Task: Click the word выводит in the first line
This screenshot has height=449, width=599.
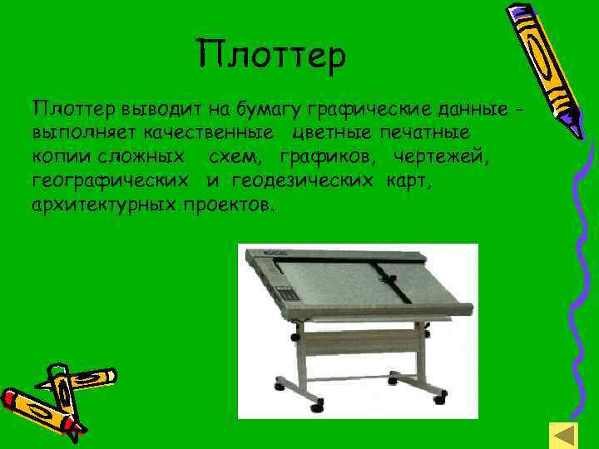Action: click(x=150, y=110)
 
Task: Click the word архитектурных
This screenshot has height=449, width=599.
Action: click(x=103, y=205)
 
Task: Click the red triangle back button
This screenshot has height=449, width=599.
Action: click(x=564, y=436)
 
